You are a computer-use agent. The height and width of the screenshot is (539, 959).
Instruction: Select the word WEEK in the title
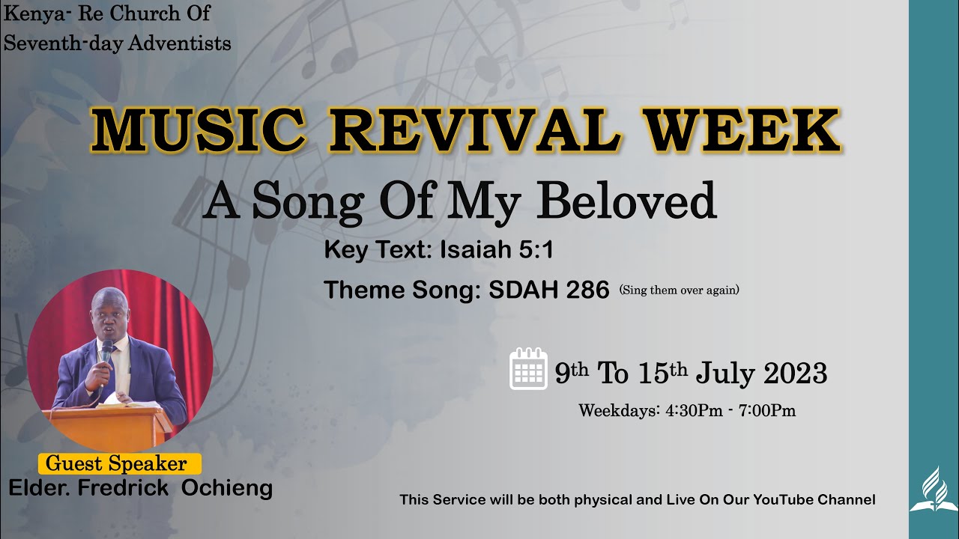click(743, 131)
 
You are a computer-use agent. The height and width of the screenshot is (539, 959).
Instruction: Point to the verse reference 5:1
click(536, 250)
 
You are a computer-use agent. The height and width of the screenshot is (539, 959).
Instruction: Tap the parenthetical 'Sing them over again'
click(679, 290)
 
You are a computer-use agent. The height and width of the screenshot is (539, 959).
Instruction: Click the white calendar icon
click(529, 369)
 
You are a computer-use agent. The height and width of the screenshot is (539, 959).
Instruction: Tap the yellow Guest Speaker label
click(118, 463)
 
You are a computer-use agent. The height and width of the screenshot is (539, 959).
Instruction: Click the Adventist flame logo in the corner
click(934, 490)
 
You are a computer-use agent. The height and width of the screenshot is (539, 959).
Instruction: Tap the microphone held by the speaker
click(106, 350)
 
